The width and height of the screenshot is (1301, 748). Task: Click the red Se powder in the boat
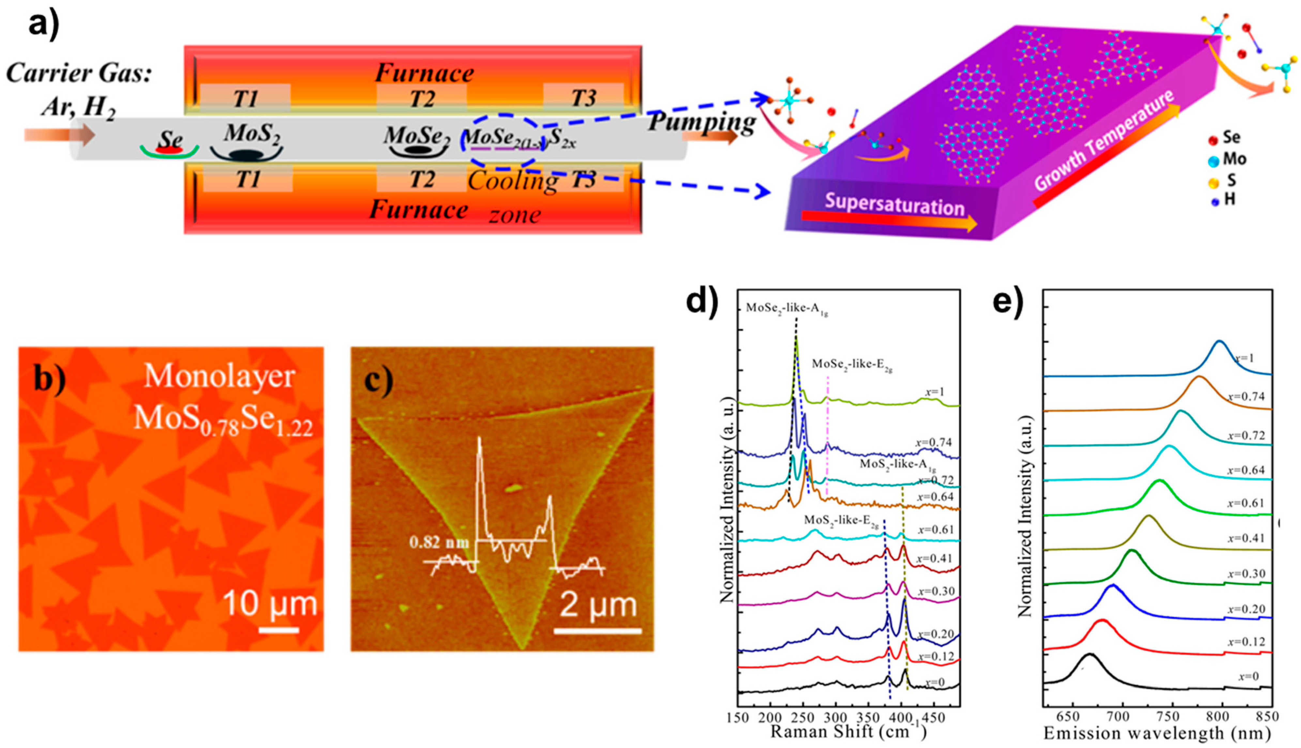169,150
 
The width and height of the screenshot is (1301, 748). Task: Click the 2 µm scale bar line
597,631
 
